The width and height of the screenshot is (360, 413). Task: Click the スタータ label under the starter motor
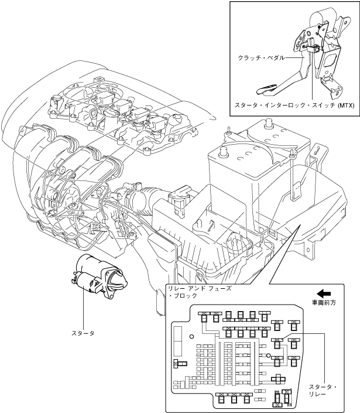(x=83, y=333)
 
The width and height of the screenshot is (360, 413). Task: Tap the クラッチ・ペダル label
(x=261, y=57)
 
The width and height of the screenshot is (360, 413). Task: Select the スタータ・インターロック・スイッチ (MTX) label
(x=294, y=105)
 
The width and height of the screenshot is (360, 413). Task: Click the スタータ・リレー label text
(x=323, y=391)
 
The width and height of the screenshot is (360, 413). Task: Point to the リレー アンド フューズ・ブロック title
(x=200, y=292)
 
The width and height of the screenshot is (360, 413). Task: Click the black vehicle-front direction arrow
(x=324, y=293)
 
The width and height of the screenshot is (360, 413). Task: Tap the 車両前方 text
(x=324, y=303)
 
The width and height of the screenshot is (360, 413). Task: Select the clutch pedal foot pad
(x=266, y=90)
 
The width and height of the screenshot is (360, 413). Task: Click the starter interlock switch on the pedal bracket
(x=313, y=47)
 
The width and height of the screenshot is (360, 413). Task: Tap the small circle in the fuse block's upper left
(x=192, y=336)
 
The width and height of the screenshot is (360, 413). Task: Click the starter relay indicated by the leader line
(x=277, y=343)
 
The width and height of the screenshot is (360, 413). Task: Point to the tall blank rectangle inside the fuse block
(x=177, y=340)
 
